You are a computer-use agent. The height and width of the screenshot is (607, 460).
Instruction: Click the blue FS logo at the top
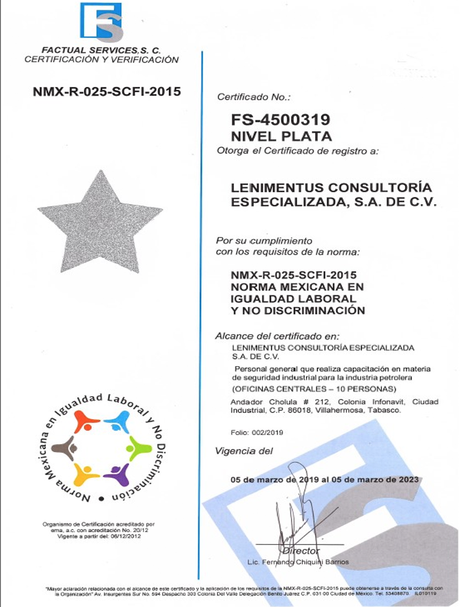101,22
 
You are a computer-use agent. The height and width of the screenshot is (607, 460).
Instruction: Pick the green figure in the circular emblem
138,448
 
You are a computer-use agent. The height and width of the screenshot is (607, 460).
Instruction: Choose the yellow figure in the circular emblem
86,475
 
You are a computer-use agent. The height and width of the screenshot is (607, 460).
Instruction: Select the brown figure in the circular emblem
64,448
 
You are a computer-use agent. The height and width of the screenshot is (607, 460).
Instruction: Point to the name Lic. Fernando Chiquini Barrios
297,562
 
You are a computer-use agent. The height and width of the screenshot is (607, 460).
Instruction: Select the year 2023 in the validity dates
408,480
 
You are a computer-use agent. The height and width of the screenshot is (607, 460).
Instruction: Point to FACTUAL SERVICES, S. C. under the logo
101,50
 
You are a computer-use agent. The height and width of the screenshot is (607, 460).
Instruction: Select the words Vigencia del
243,451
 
